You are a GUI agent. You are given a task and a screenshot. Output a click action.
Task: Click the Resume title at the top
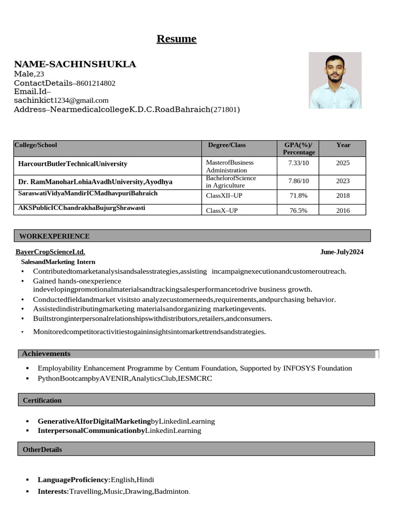tap(177, 39)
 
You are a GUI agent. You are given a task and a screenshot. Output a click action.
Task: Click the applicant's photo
tap(335, 80)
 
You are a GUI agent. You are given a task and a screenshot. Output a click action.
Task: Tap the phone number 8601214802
tap(96, 83)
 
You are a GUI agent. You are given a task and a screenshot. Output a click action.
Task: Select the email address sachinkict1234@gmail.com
tap(61, 101)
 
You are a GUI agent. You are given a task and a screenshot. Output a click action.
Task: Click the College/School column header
tap(36, 145)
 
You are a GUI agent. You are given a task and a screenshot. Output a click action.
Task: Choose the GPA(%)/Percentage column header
tap(299, 148)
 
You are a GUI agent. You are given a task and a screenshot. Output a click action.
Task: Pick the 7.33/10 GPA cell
tap(299, 163)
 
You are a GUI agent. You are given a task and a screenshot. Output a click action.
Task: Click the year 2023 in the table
tap(343, 181)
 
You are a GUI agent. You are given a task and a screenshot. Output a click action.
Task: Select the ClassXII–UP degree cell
tap(224, 196)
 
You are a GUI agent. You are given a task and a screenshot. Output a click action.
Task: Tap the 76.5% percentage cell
tap(298, 211)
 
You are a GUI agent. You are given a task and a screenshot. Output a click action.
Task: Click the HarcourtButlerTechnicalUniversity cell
tap(73, 164)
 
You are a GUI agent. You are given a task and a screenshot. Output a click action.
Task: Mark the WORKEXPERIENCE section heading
tap(55, 236)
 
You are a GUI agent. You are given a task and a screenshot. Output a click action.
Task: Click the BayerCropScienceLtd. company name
tap(51, 252)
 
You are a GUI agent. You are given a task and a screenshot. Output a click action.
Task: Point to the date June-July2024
tap(342, 252)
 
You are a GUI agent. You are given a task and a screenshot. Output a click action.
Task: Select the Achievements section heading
tap(46, 354)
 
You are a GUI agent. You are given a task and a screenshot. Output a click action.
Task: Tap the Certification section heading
tap(42, 401)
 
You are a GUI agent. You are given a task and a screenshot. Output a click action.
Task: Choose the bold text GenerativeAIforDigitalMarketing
tap(94, 422)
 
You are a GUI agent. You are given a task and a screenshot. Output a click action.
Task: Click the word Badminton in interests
tap(171, 492)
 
